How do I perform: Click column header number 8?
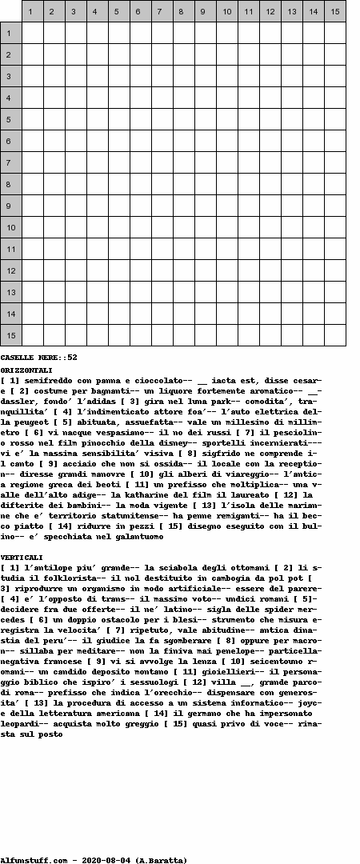pos(183,11)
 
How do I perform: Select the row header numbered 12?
pos(10,270)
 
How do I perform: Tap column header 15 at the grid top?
pos(334,11)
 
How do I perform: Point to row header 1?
pos(10,33)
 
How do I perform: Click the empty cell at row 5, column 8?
pos(183,119)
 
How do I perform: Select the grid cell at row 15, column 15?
pos(334,335)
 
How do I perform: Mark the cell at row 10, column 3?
pos(75,227)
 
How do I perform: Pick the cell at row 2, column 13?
pos(291,54)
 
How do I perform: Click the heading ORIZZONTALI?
pos(26,370)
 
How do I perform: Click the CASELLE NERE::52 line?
pos(38,358)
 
